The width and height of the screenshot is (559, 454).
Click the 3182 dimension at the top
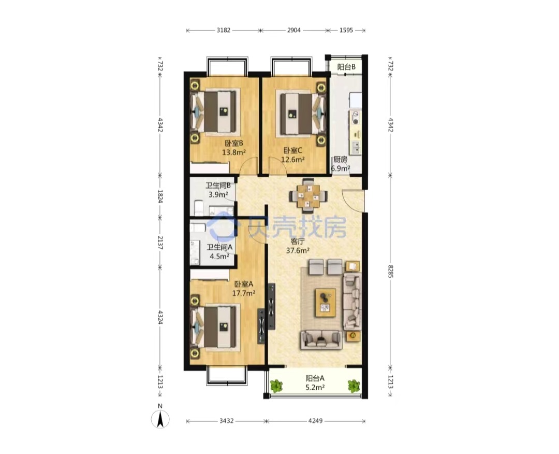pyautogui.click(x=224, y=31)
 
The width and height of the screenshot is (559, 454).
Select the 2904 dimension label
pyautogui.click(x=294, y=31)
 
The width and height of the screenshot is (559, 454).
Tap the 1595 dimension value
pyautogui.click(x=346, y=31)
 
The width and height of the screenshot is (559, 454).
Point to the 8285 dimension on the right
pyautogui.click(x=390, y=271)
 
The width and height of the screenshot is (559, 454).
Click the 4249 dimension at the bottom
pyautogui.click(x=315, y=421)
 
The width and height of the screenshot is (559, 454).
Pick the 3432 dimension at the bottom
pyautogui.click(x=226, y=421)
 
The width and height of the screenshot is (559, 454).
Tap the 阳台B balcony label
pyautogui.click(x=346, y=67)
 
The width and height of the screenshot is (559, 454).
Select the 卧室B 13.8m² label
pyautogui.click(x=234, y=148)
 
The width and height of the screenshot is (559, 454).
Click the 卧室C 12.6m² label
pyautogui.click(x=293, y=155)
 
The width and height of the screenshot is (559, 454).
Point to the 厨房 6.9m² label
pyautogui.click(x=340, y=164)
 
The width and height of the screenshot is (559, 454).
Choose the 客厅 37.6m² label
pyautogui.click(x=298, y=246)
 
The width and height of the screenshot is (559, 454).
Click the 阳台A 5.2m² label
pyautogui.click(x=315, y=382)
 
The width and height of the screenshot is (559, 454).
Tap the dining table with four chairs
pyautogui.click(x=308, y=195)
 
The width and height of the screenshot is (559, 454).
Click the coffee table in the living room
pyautogui.click(x=325, y=303)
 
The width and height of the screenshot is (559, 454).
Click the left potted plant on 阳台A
pyautogui.click(x=276, y=386)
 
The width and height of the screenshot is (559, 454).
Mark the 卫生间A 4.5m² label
pyautogui.click(x=219, y=251)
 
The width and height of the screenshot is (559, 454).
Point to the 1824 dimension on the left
pyautogui.click(x=160, y=196)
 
